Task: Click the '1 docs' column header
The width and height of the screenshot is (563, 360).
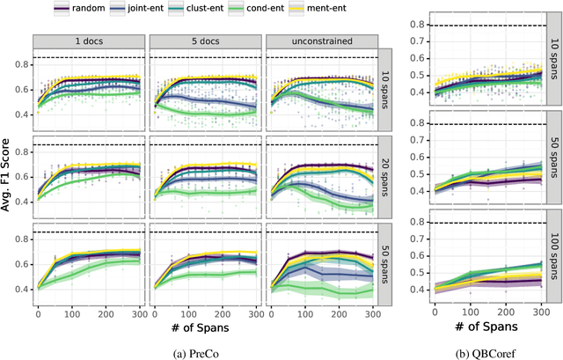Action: pos(89,40)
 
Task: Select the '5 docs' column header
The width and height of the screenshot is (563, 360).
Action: pos(205,40)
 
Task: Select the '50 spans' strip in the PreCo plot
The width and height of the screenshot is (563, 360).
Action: pos(388,269)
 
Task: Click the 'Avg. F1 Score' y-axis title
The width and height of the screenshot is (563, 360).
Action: pos(10,181)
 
